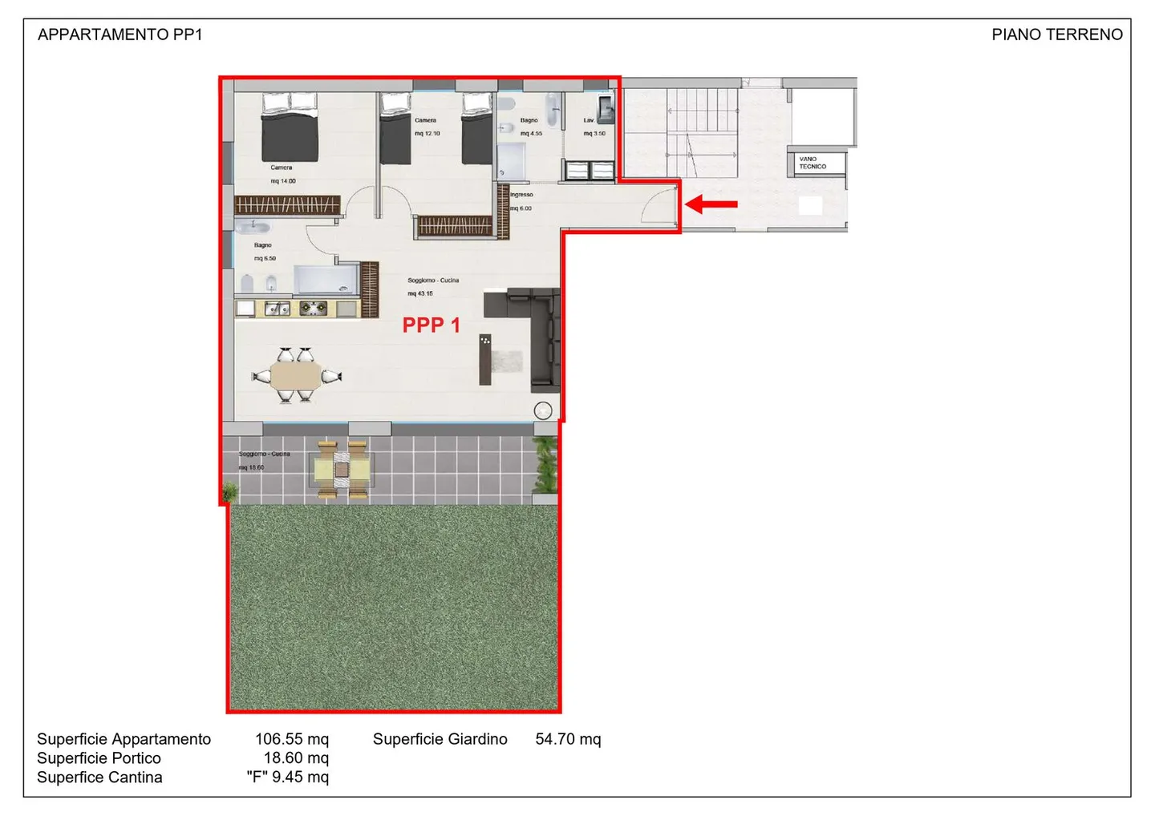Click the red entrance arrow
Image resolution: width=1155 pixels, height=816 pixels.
click(711, 204)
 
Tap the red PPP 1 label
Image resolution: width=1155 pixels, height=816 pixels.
click(431, 325)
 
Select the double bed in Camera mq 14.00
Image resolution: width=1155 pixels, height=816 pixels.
click(290, 128)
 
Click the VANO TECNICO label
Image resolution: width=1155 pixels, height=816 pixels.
click(813, 163)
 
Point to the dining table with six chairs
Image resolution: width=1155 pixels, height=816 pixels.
click(296, 375)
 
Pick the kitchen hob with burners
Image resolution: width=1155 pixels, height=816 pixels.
click(313, 308)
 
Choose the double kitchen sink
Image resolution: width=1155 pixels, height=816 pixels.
click(278, 308)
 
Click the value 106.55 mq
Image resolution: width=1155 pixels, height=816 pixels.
click(291, 739)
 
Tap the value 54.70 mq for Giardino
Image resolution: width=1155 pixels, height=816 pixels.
click(568, 739)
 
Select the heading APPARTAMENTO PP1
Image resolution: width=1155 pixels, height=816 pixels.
click(120, 34)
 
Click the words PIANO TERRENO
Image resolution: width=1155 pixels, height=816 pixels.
click(1056, 34)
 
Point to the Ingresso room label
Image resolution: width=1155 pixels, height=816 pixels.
click(521, 195)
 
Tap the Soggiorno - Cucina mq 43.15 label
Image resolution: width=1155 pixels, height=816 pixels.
click(432, 287)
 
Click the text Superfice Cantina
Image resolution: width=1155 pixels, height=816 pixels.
click(99, 778)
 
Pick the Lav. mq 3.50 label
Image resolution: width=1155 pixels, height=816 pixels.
click(594, 127)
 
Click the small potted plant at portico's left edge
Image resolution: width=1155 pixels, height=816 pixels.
click(230, 491)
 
